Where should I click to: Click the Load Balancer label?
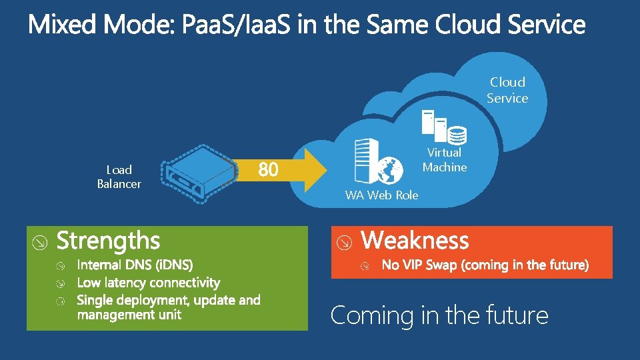[x=119, y=177]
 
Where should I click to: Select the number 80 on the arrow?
[x=268, y=171]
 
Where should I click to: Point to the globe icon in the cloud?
[x=389, y=170]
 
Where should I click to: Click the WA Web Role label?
[x=381, y=195]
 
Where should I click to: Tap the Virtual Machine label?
[x=444, y=160]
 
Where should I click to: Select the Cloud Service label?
[x=507, y=90]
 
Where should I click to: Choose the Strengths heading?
[x=108, y=241]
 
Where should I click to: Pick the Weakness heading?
[x=415, y=240]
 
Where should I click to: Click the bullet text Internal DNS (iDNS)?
[x=135, y=265]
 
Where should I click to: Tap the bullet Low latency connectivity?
[x=148, y=283]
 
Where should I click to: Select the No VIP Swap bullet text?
[x=485, y=265]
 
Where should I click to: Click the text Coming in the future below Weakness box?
[x=439, y=315]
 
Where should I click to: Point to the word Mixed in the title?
[x=63, y=25]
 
